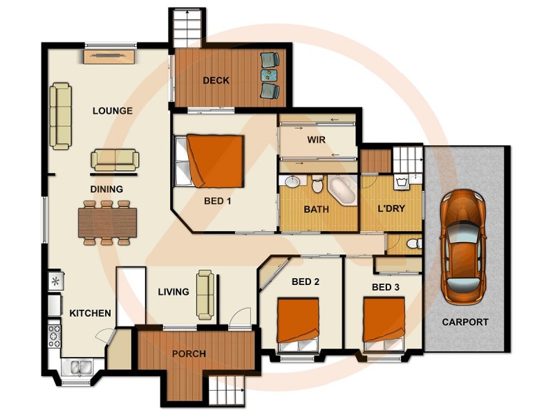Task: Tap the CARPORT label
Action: (465, 322)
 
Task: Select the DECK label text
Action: (216, 81)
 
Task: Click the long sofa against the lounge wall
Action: (60, 116)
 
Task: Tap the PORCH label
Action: (189, 354)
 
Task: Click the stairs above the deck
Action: (188, 30)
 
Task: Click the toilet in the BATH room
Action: (317, 185)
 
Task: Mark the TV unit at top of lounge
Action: (110, 57)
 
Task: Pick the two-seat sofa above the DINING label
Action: (115, 160)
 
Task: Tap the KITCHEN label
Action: (90, 313)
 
